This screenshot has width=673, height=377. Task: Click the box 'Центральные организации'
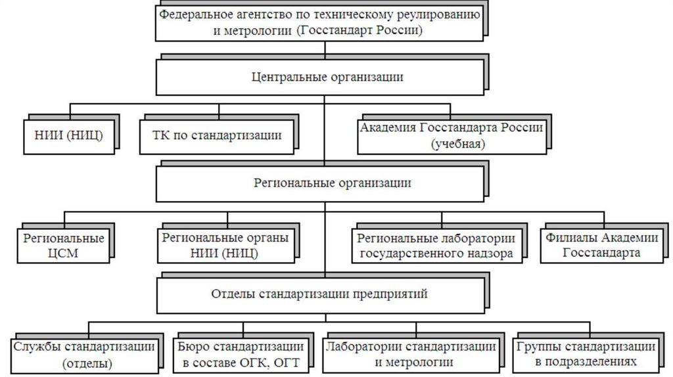[319, 78]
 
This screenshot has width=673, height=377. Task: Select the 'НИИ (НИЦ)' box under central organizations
[68, 136]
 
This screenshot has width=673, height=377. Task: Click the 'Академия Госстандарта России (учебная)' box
[451, 136]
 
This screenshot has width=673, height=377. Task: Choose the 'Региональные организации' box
[319, 183]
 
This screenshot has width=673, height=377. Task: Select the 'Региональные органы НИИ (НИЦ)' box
[225, 246]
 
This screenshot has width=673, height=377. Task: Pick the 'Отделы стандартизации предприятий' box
[319, 294]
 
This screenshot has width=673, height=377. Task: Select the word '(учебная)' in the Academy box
[458, 144]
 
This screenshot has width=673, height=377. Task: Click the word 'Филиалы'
[568, 238]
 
